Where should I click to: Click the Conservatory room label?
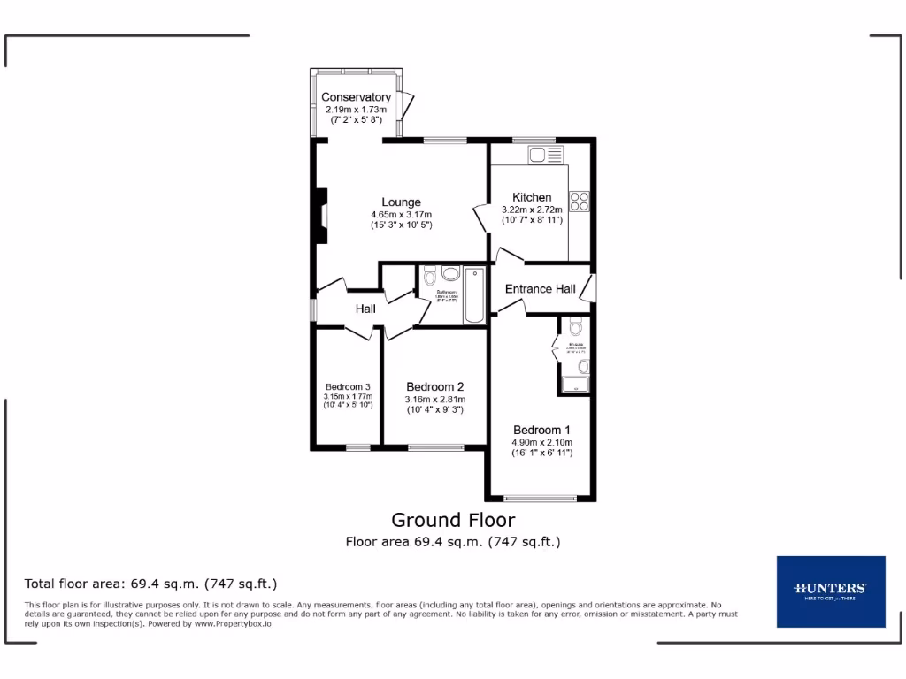pos(356,97)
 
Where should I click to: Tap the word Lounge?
pos(401,202)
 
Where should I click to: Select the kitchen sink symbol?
pos(545,156)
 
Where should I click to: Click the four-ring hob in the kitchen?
pos(580,202)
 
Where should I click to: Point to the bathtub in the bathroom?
pos(475,294)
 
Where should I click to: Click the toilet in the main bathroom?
pos(430,275)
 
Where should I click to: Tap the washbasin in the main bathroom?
pos(450,274)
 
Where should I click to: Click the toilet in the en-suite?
pos(576,326)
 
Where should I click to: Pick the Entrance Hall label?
pos(540,289)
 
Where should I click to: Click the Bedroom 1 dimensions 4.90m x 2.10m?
pos(541,443)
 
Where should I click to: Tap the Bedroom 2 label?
pos(434,386)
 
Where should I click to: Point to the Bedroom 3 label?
pos(348,387)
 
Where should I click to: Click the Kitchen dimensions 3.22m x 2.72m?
pos(532,210)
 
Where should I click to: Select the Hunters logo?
pos(830,591)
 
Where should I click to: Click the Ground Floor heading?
pos(453,520)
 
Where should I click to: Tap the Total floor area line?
pos(151,584)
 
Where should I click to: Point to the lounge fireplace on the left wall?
pos(322,216)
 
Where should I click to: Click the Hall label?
pos(365,309)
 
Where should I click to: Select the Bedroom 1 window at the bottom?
pos(541,497)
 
